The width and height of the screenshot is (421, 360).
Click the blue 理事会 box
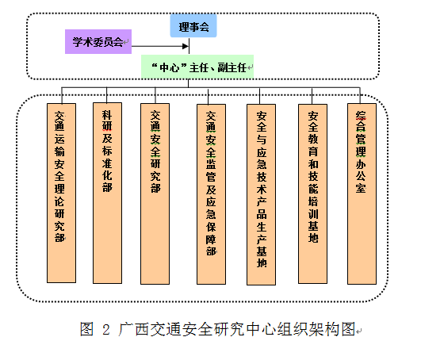click(193, 26)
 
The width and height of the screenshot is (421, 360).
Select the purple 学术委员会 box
click(98, 41)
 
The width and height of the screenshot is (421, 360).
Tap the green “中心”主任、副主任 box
click(197, 67)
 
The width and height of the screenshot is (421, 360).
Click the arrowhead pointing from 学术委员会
click(186, 46)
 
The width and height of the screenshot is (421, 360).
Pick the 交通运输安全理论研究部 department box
click(62, 193)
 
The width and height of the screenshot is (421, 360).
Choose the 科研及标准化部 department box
click(107, 193)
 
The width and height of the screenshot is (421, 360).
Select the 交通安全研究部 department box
click(155, 193)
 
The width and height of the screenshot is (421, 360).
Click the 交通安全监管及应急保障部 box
click(212, 194)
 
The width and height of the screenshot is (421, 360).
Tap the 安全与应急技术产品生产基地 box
click(262, 194)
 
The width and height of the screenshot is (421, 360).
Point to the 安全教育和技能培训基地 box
click(313, 193)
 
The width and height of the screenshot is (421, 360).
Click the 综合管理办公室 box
click(362, 193)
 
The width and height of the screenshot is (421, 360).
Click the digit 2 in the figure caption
click(106, 329)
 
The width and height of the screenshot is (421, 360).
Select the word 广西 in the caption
click(133, 329)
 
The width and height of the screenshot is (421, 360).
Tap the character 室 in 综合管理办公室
click(361, 188)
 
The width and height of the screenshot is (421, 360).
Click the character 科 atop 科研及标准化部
click(107, 115)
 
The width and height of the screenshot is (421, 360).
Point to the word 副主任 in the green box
click(232, 67)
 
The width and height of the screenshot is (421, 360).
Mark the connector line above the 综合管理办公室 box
click(360, 95)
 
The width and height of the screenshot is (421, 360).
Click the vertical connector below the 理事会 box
click(189, 46)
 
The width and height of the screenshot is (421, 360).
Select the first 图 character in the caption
click(86, 329)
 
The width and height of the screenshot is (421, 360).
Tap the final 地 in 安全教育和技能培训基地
click(313, 238)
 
